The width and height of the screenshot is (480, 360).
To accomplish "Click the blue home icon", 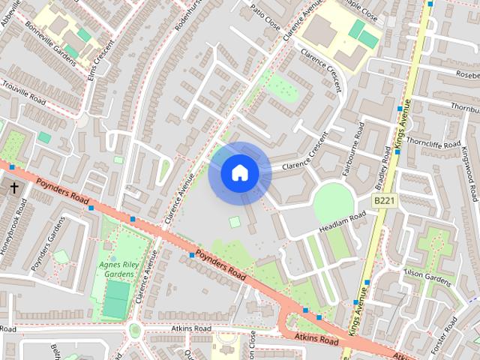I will click(239, 173).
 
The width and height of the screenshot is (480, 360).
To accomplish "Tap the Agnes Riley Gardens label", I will click(116, 270).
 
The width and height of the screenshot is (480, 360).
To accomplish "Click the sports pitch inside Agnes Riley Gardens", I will click(116, 309).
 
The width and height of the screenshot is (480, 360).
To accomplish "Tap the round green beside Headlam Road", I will click(333, 202).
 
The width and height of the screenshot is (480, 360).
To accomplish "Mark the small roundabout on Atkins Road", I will click(135, 330).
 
